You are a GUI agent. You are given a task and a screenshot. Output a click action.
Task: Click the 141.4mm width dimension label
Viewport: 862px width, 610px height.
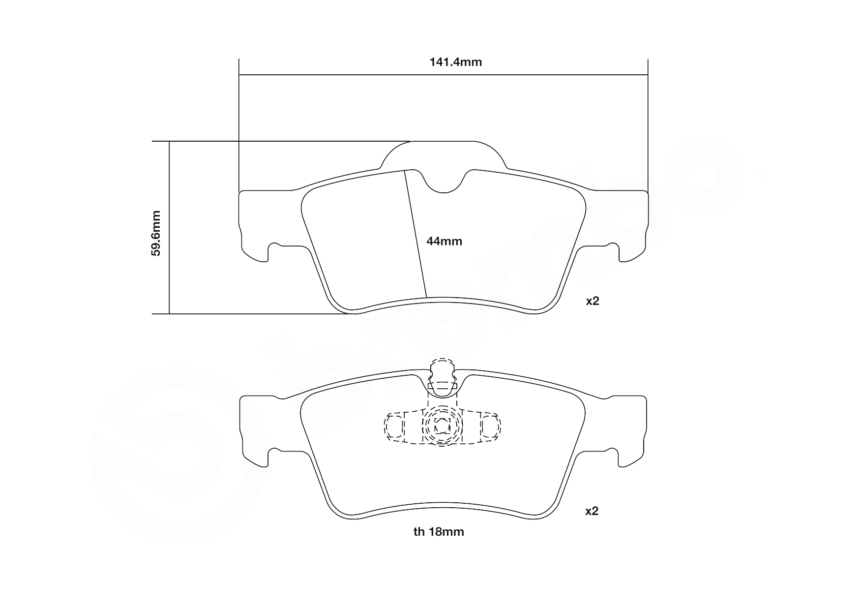(x=455, y=62)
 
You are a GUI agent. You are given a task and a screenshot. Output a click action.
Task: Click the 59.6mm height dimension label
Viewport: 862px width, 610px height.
(x=156, y=233)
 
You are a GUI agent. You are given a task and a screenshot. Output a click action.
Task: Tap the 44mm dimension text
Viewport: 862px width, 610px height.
(x=444, y=241)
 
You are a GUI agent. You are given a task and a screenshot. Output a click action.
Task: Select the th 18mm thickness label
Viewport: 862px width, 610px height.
(x=439, y=532)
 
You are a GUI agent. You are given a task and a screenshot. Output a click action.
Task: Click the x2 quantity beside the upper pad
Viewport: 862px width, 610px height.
(x=592, y=301)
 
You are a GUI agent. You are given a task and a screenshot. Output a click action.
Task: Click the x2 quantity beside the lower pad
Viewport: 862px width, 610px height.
(x=592, y=511)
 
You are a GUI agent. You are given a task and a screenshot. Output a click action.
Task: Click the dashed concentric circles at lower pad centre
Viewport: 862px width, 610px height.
(x=442, y=427)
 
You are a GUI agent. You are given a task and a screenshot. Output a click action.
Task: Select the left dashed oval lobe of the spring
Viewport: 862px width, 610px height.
(x=393, y=427)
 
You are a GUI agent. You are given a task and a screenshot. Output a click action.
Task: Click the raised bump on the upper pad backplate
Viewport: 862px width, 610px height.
(x=443, y=152)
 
